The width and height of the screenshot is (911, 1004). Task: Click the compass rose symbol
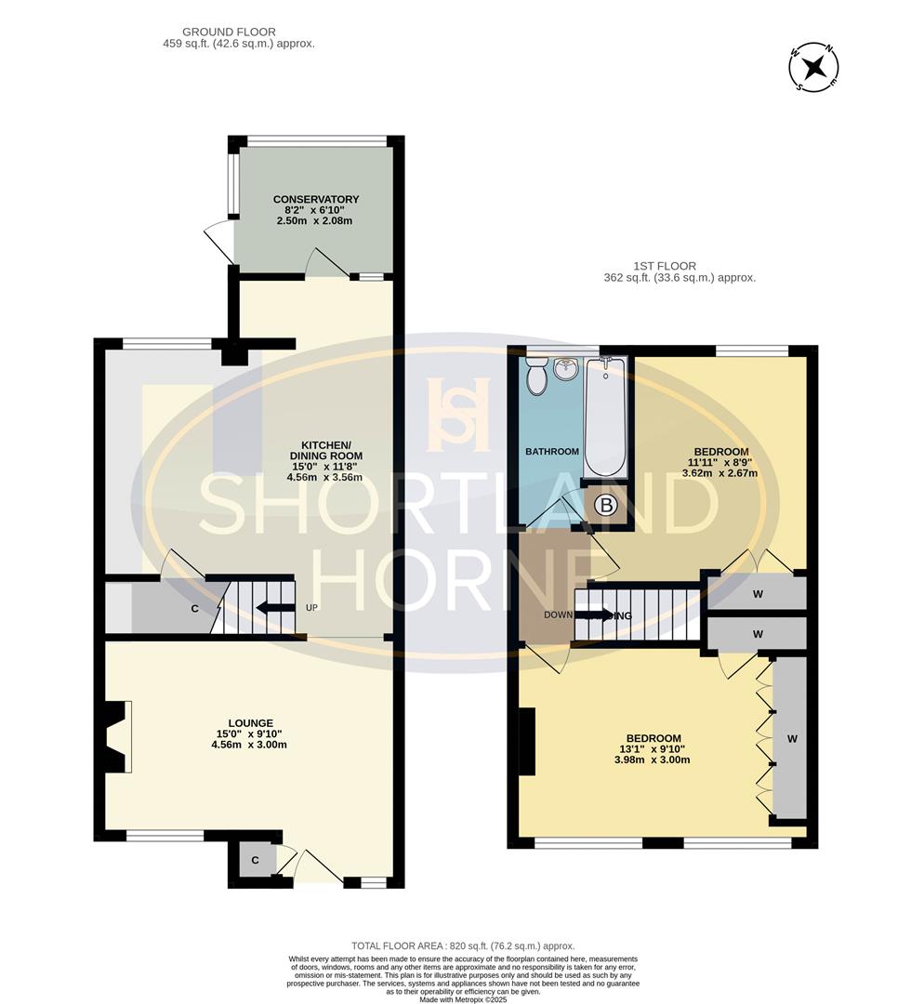pyautogui.click(x=814, y=67)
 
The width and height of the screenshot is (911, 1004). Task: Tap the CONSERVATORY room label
pyautogui.click(x=315, y=200)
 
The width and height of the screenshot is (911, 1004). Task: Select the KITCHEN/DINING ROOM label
pyautogui.click(x=324, y=443)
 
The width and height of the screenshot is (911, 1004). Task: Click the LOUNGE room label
pyautogui.click(x=251, y=722)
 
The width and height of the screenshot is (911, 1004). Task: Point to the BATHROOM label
pyautogui.click(x=552, y=452)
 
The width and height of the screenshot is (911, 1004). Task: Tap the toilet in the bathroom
pyautogui.click(x=536, y=376)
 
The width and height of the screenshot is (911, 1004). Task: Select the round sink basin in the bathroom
pyautogui.click(x=566, y=370)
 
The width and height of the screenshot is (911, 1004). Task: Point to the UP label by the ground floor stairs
pyautogui.click(x=312, y=608)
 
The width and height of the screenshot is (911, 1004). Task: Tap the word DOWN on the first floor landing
pyautogui.click(x=558, y=615)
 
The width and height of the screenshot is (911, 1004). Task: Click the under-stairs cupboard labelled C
pyautogui.click(x=194, y=609)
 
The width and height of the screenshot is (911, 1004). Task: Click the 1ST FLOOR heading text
pyautogui.click(x=662, y=266)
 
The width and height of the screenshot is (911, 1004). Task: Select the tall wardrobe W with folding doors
pyautogui.click(x=791, y=739)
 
